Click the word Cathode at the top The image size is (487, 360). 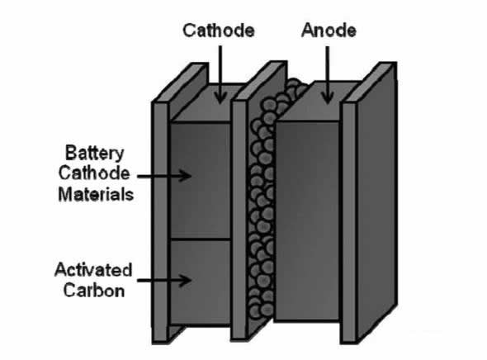[x=219, y=31]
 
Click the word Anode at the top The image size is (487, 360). [x=329, y=31]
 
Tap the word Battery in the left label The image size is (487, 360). [x=95, y=153]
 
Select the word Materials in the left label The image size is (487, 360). [x=96, y=195]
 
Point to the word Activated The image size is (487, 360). [x=93, y=270]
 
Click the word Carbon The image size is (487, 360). [x=94, y=291]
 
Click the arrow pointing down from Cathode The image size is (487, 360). [x=220, y=74]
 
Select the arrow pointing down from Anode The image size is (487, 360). [x=328, y=75]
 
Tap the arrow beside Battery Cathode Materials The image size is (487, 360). [x=164, y=176]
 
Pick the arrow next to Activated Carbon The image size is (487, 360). [x=164, y=280]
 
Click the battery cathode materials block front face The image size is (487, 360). [x=201, y=181]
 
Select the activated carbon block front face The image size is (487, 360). [x=201, y=282]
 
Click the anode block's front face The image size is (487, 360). [x=307, y=220]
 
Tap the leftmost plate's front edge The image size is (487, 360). [x=160, y=222]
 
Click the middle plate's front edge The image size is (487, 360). [x=239, y=220]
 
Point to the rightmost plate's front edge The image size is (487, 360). [x=349, y=222]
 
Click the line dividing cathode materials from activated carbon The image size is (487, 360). [x=201, y=239]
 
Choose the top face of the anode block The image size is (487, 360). [x=319, y=102]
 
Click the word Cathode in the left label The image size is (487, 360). [x=94, y=173]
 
